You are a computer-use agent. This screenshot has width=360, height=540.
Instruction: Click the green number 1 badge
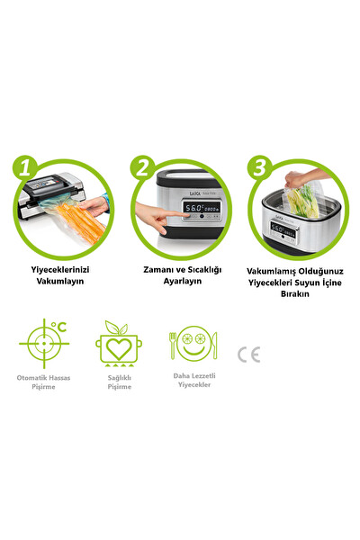pyautogui.click(x=27, y=167)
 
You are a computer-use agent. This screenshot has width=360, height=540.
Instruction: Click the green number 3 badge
pyautogui.click(x=258, y=167)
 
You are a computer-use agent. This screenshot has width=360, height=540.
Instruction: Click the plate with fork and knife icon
pyautogui.click(x=192, y=344)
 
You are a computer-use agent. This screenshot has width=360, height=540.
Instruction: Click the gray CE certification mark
pyautogui.click(x=248, y=354)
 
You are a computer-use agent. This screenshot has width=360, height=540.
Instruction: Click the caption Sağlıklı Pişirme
pyautogui.click(x=118, y=384)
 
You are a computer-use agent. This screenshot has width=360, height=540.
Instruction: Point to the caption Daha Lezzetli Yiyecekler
pyautogui.click(x=192, y=381)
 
